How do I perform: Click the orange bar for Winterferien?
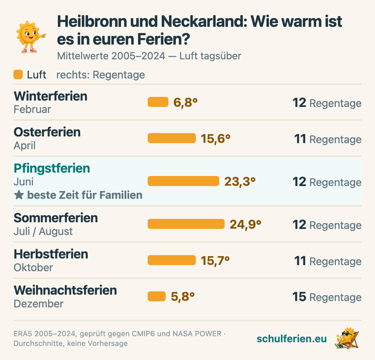click(x=158, y=102)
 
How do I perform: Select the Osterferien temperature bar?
click(x=172, y=138)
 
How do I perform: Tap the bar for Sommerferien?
click(x=186, y=224)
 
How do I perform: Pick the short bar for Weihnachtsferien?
click(x=157, y=296)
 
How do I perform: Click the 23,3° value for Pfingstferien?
click(x=240, y=182)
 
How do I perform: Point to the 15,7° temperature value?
click(x=215, y=261)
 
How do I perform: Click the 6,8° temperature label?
click(x=185, y=103)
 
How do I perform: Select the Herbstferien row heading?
click(x=51, y=254)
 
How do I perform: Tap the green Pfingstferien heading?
click(x=52, y=168)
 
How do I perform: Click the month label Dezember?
click(x=39, y=304)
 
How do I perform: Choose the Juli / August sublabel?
click(x=43, y=232)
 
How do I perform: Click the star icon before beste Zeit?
click(x=19, y=195)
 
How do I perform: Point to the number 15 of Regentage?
click(x=299, y=297)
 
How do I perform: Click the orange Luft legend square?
click(x=18, y=74)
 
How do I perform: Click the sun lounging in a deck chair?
click(x=347, y=339)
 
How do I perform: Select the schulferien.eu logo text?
click(x=292, y=339)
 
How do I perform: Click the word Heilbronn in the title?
click(x=92, y=21)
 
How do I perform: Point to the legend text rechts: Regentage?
click(x=100, y=75)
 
